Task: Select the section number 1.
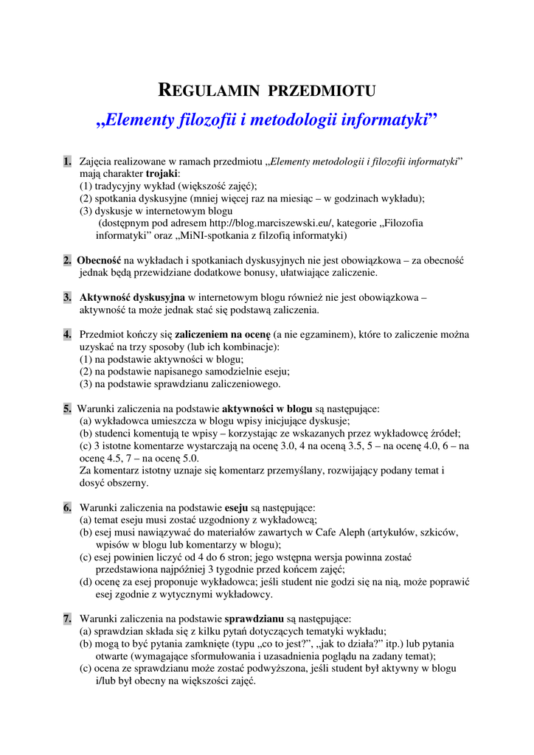67,161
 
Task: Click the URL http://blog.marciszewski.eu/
271,223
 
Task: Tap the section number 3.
67,297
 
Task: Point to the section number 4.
67,335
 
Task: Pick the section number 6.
67,507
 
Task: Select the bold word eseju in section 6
236,507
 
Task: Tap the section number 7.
67,619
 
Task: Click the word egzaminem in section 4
321,335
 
